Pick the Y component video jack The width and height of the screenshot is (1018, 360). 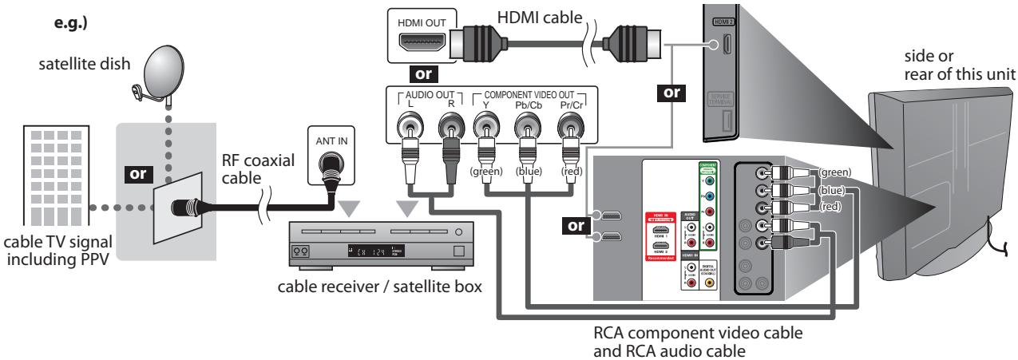(485, 129)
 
